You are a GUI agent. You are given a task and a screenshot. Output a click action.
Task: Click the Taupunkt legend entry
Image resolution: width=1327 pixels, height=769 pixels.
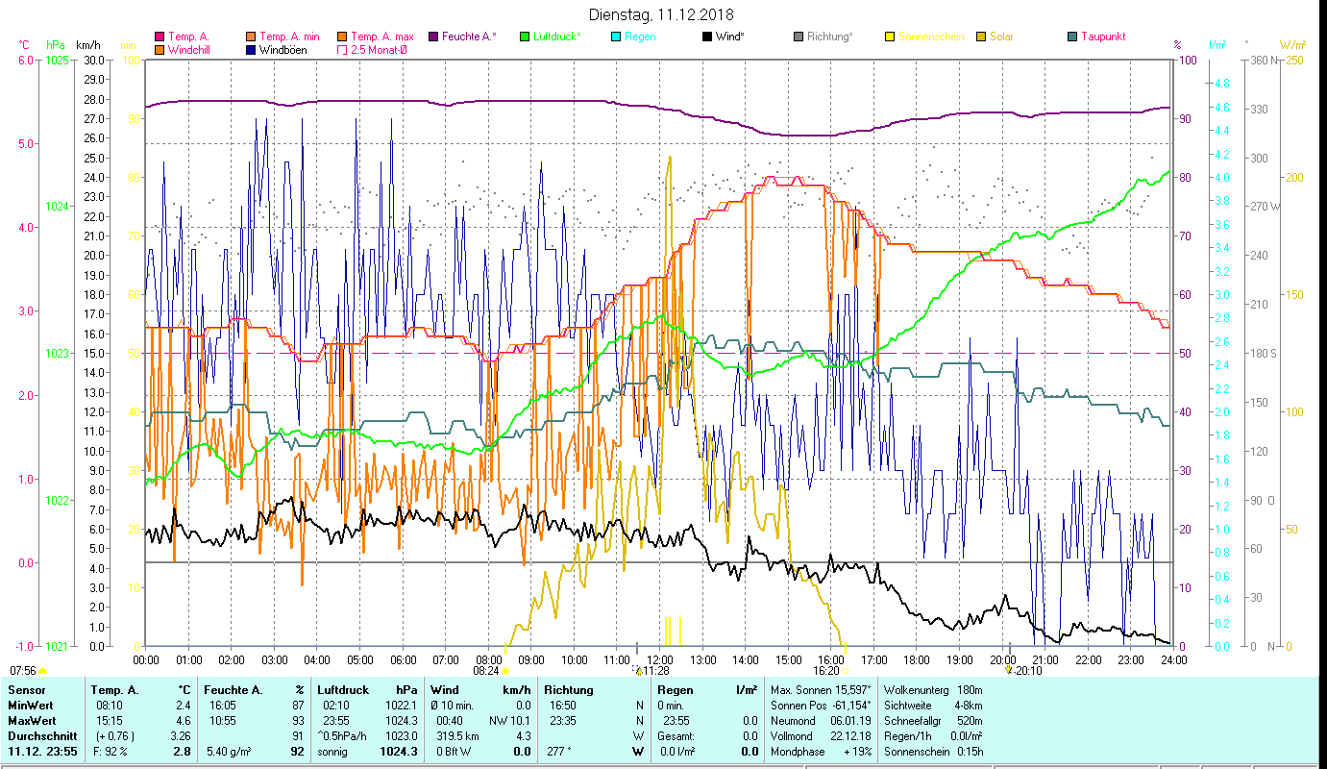pos(1102,37)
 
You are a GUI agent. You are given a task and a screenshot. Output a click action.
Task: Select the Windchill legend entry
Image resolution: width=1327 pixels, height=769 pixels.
pos(190,49)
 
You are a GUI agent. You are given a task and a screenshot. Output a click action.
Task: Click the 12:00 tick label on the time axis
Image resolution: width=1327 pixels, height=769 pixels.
pos(660,660)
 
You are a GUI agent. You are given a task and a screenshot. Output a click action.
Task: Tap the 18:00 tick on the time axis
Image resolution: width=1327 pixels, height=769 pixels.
pos(917,660)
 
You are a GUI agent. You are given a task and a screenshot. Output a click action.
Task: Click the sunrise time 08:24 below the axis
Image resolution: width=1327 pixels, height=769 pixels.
pos(487,671)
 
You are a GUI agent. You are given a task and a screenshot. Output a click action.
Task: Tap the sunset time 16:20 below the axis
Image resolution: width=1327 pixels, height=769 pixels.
pos(826,671)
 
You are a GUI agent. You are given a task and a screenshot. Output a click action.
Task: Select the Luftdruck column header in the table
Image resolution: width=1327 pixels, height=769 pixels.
pos(343,690)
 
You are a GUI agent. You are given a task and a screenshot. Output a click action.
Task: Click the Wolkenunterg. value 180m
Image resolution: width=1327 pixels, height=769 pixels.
pos(971,690)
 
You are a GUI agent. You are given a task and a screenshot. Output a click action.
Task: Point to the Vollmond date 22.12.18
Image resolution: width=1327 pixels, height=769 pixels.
pos(849,735)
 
